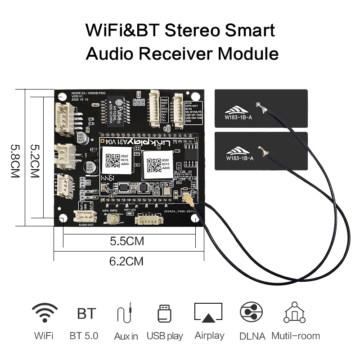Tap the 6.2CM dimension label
pyautogui.click(x=127, y=261)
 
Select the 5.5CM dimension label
pyautogui.click(x=127, y=241)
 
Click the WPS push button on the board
pyautogui.click(x=112, y=219)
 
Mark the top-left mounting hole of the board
pyautogui.click(x=63, y=97)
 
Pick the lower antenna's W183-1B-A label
pyautogui.click(x=239, y=158)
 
